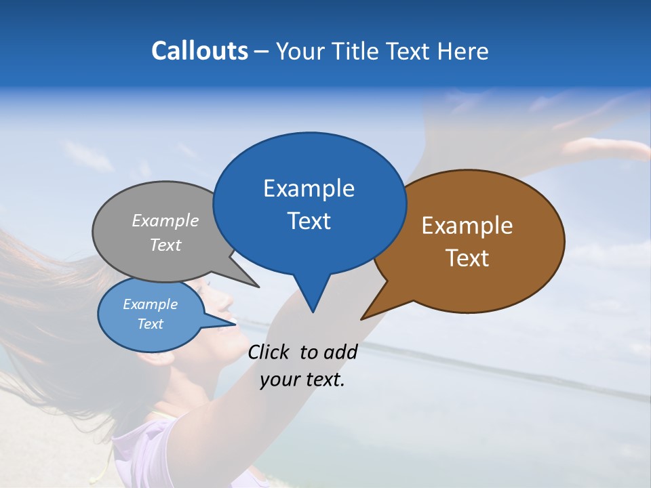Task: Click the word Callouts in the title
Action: coord(199,52)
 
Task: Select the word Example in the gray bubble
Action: coord(165,220)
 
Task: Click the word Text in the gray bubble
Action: coord(165,245)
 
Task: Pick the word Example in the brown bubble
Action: coord(467,226)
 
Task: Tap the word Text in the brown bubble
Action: coord(467,258)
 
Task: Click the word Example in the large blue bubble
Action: coord(309,188)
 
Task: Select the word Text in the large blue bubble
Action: coord(309,220)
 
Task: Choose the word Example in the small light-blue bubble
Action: coord(150,304)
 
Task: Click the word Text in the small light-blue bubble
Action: coord(150,324)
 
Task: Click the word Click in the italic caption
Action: coord(271,352)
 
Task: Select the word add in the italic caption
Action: coord(340,352)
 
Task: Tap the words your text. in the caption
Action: coord(302,380)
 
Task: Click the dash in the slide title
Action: coord(262,52)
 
